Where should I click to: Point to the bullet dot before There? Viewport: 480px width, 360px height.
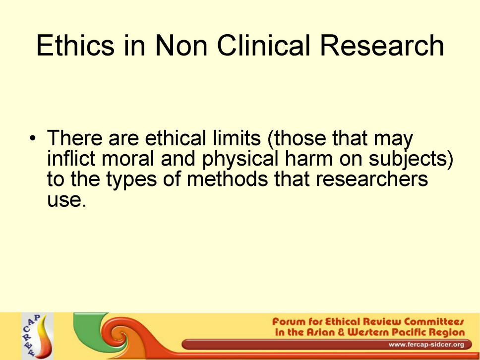click(32, 138)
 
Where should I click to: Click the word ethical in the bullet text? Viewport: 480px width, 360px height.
click(175, 138)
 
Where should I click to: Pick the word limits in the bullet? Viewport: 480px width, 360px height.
click(237, 138)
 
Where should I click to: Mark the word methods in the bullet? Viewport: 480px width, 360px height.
click(227, 179)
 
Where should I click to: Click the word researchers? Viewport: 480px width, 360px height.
click(371, 179)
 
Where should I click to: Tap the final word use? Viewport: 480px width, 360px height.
click(65, 200)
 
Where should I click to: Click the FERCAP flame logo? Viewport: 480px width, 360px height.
click(38, 336)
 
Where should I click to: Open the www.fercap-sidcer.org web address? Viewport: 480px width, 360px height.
click(426, 345)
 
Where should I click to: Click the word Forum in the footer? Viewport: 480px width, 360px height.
click(289, 322)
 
